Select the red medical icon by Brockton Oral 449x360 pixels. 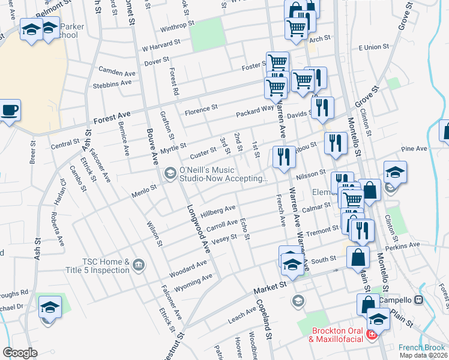(372, 334)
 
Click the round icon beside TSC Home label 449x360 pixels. (139, 265)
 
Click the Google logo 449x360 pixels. (20, 353)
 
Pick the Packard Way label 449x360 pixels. (255, 110)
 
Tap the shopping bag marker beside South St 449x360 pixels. (358, 257)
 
